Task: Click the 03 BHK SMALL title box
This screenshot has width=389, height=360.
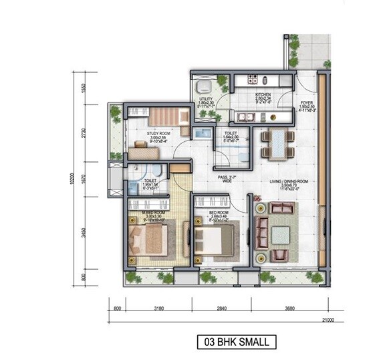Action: click(237, 342)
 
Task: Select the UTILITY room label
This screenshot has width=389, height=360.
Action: click(205, 100)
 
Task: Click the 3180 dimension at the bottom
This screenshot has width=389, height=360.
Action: click(158, 308)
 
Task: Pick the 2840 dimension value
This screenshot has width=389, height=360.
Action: click(221, 308)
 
